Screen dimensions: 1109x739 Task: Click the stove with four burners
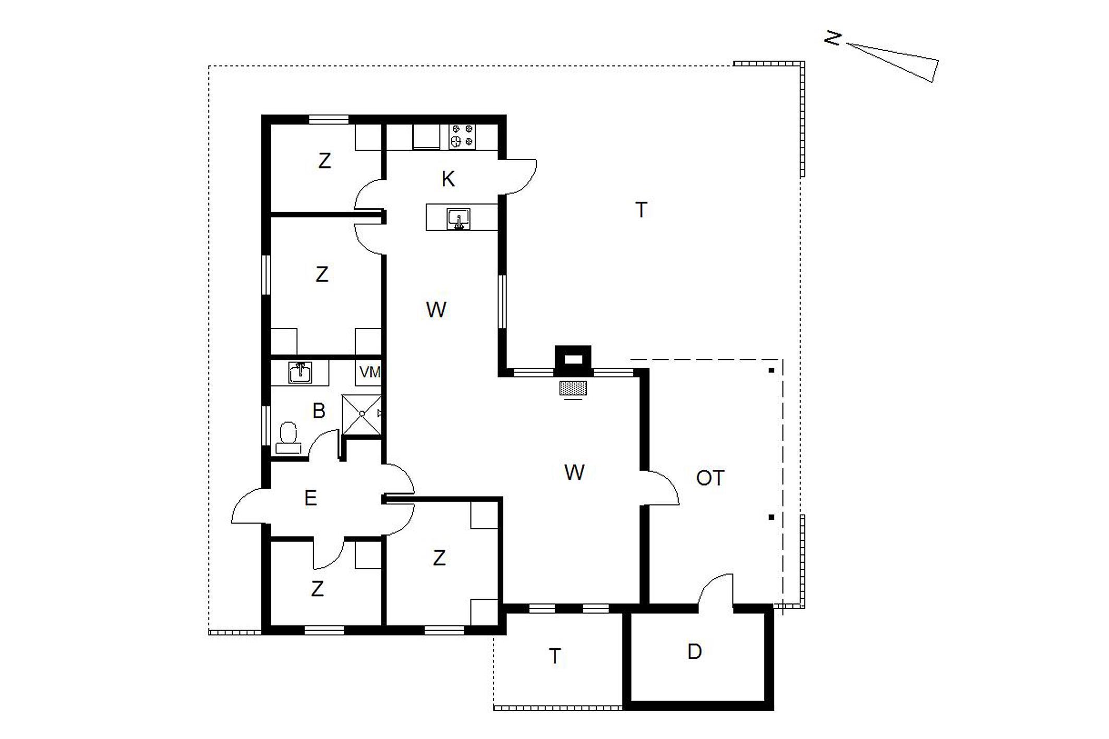coord(462,137)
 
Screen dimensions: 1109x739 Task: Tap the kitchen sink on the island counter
coord(459,219)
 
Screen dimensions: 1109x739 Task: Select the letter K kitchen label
coord(448,179)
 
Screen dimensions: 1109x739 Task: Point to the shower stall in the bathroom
coord(362,415)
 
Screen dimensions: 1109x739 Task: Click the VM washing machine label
coord(370,372)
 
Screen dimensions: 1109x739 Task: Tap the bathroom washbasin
coord(300,373)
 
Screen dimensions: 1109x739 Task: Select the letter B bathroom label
coord(319,411)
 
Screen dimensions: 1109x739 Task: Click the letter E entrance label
coord(310,498)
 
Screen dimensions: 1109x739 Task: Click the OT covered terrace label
coord(710,478)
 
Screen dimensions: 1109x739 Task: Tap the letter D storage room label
coord(694,651)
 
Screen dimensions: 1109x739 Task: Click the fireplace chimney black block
coord(573,360)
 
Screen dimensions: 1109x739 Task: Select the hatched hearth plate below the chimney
coord(573,388)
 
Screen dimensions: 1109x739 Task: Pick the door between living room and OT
coord(661,488)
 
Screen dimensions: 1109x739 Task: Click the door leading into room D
coord(716,591)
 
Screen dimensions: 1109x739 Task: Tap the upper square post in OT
coord(771,371)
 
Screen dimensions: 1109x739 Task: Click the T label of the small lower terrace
coord(555,656)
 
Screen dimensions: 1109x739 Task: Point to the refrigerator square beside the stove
coord(426,137)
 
